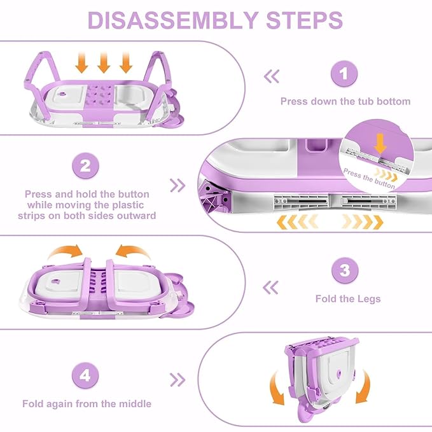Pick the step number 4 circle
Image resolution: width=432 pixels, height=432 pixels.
(86, 376)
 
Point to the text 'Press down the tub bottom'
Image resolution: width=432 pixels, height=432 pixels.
(345, 101)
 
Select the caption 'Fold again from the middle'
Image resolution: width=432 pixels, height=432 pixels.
(87, 403)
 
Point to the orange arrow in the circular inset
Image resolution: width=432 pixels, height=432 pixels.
(380, 144)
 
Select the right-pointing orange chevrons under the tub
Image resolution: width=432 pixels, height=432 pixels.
(361, 222)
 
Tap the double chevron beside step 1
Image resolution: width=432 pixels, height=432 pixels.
(272, 77)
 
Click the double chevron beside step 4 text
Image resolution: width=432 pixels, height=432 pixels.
(178, 380)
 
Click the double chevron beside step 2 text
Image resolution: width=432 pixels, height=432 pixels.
(178, 186)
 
